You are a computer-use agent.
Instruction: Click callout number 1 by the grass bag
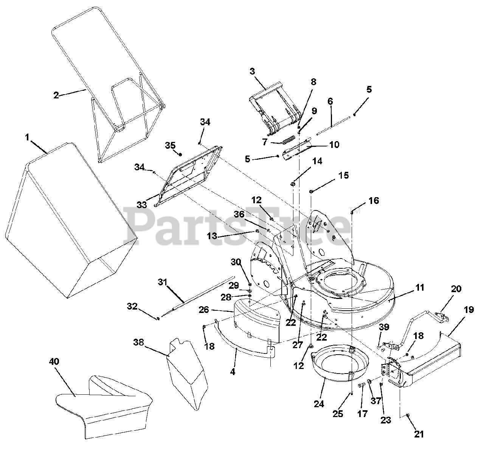point(27,137)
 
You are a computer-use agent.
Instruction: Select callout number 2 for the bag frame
point(56,95)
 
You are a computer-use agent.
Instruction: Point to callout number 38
point(139,342)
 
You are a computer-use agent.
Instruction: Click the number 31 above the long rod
point(163,282)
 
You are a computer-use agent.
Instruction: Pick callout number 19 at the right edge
point(468,310)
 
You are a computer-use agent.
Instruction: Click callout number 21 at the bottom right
point(419,434)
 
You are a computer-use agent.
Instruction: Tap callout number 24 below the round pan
point(319,404)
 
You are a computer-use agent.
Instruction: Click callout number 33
point(141,205)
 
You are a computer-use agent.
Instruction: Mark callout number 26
point(204,310)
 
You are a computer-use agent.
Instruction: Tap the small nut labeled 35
point(180,154)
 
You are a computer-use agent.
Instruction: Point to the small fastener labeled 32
point(158,318)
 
